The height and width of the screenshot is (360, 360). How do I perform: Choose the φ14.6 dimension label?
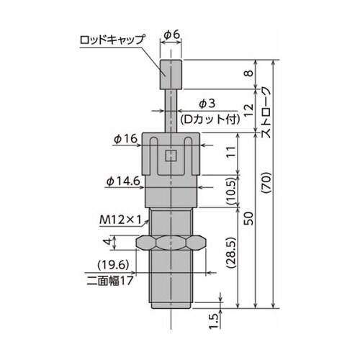coord(122,181)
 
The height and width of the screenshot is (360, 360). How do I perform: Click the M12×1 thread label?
coord(120,219)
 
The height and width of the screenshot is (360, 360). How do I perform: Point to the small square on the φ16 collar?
coord(171,154)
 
